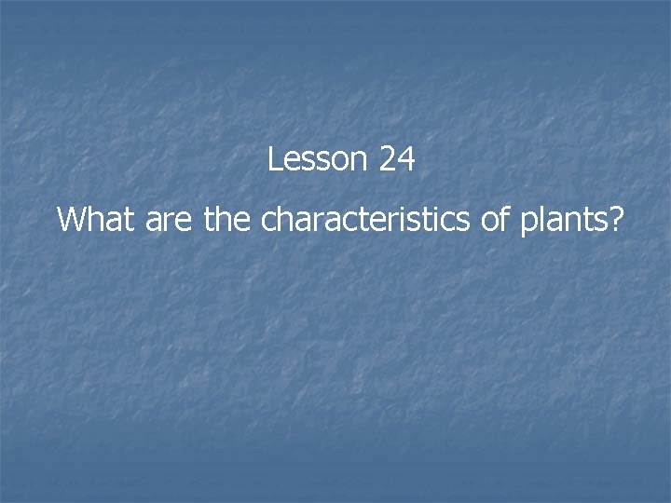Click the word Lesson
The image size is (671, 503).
(x=318, y=160)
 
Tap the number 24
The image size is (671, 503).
(x=397, y=160)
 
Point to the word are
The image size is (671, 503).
(x=171, y=221)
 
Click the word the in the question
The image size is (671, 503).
(x=228, y=221)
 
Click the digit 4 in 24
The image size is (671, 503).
(x=406, y=160)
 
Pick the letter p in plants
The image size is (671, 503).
(x=532, y=224)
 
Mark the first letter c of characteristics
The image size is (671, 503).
(x=268, y=223)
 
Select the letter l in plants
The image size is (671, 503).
(x=544, y=220)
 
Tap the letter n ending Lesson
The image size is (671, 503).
(x=361, y=162)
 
